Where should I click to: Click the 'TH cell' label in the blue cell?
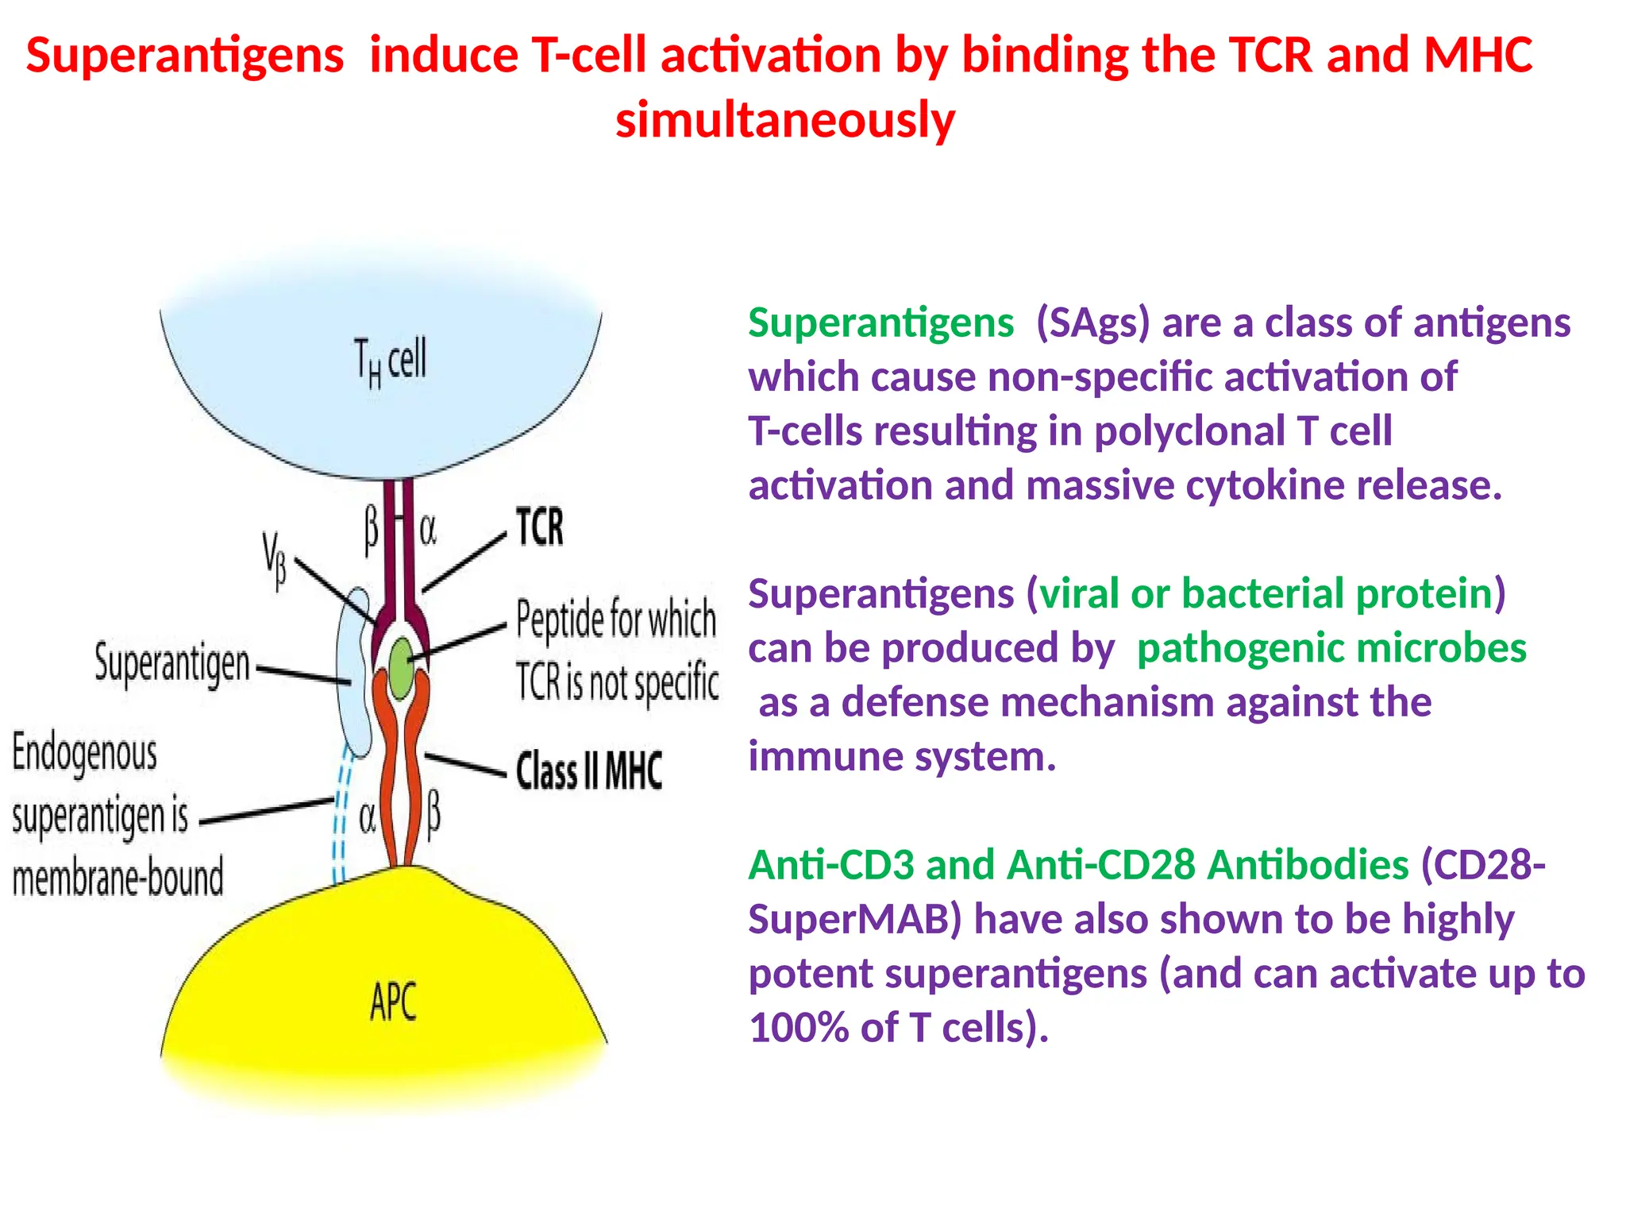(390, 361)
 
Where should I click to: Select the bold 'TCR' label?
(540, 527)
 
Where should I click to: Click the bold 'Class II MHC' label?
(588, 770)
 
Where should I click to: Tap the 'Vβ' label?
(275, 560)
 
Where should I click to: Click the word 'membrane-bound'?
(118, 878)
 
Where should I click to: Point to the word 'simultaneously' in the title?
(785, 120)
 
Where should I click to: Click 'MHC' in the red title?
(1478, 56)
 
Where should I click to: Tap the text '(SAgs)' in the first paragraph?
(1092, 323)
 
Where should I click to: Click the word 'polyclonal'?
(1189, 431)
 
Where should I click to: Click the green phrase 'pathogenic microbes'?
(1331, 648)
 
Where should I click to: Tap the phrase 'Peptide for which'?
(616, 620)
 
